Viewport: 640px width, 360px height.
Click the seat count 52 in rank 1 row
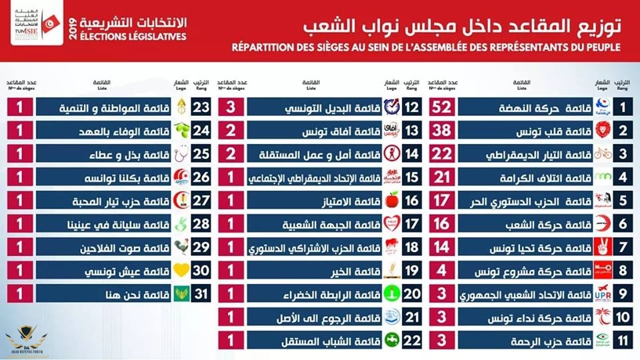point(441,107)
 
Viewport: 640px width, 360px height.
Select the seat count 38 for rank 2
point(441,130)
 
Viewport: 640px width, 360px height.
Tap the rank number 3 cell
point(622,153)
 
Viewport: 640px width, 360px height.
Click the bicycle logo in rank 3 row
point(601,153)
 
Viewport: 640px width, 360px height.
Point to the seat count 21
point(441,177)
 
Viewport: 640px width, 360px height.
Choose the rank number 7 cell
point(622,247)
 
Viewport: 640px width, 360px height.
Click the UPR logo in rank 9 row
point(601,295)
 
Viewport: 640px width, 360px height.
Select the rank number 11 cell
point(622,341)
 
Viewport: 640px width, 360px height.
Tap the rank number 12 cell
point(411,107)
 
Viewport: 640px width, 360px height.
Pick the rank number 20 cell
point(411,295)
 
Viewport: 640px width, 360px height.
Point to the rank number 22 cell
point(411,341)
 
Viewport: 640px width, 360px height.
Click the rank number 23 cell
point(200,107)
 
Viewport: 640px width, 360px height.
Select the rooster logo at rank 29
point(180,247)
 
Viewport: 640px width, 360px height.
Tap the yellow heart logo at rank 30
point(180,271)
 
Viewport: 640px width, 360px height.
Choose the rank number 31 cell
point(200,295)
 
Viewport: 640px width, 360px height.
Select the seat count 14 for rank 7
point(441,247)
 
